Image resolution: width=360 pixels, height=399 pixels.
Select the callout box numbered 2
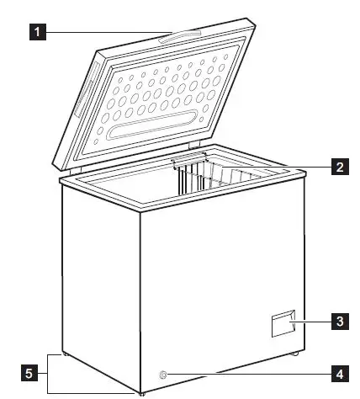tap(339, 167)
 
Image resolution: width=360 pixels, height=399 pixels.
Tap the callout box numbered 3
tap(339, 321)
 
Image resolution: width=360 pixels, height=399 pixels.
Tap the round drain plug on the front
tap(163, 371)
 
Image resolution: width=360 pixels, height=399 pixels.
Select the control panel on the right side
tap(283, 324)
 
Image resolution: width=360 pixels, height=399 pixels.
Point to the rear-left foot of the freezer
tap(65, 356)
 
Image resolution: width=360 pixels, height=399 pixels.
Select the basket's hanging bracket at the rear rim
tap(189, 158)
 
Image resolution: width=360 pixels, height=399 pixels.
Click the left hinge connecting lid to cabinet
tap(75, 171)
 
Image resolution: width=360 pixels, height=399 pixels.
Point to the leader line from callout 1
tap(101, 34)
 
